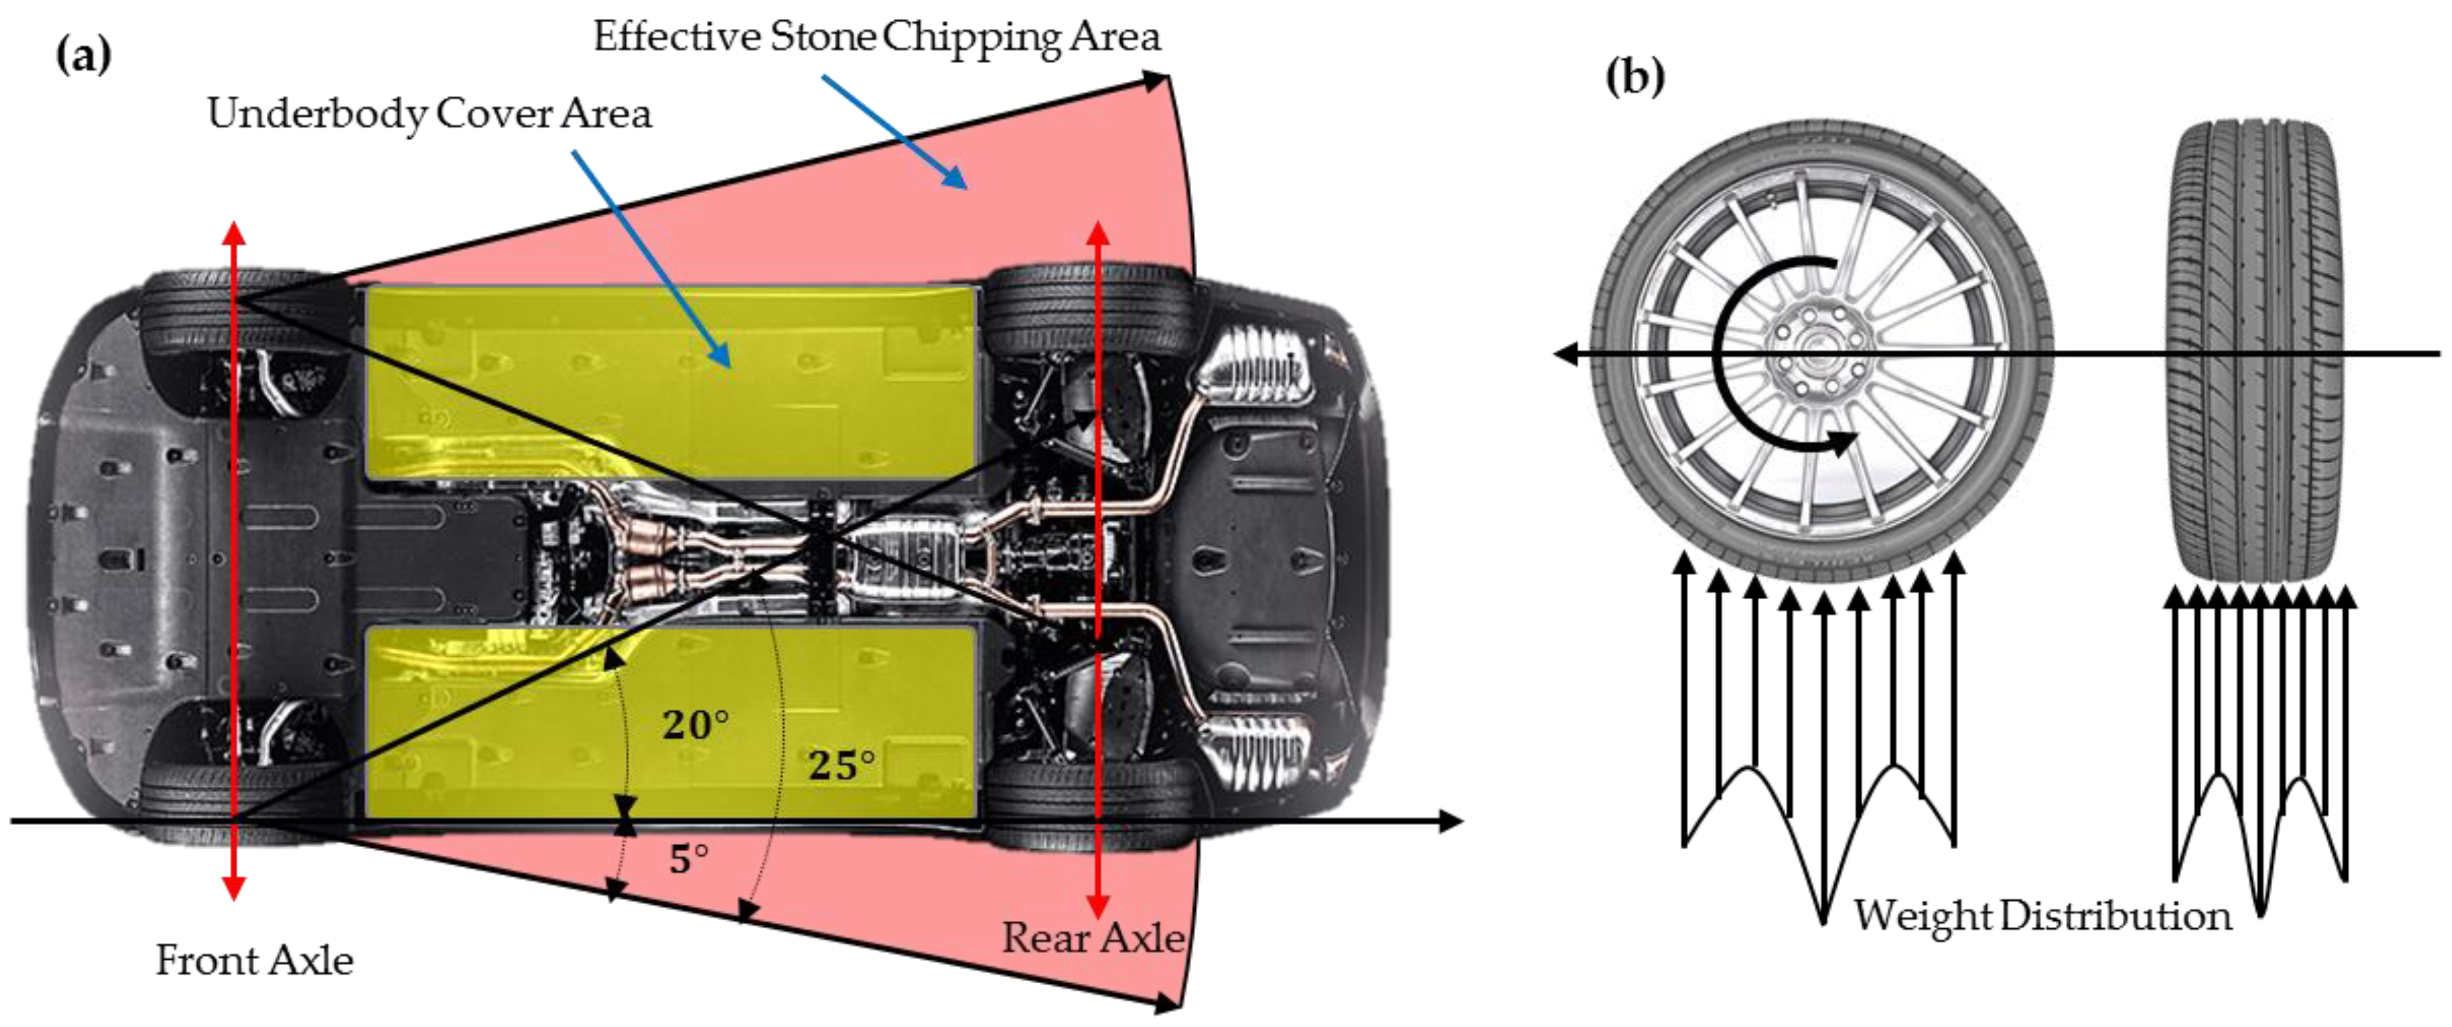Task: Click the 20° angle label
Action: [x=696, y=725]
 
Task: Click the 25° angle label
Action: [x=842, y=765]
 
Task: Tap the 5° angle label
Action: [x=688, y=860]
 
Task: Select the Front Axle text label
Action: [x=254, y=960]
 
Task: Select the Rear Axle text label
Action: [x=1093, y=939]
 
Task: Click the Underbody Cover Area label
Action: [x=429, y=114]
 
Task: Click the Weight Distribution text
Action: [x=2042, y=916]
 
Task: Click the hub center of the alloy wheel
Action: [x=1816, y=352]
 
